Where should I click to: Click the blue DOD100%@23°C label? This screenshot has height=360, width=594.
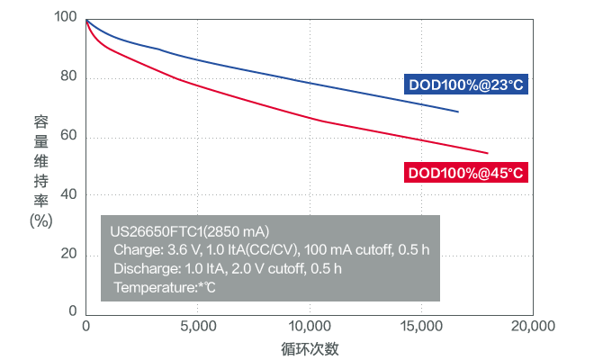(466, 85)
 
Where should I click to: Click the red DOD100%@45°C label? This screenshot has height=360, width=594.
(466, 172)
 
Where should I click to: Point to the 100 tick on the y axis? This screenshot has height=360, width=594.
(65, 18)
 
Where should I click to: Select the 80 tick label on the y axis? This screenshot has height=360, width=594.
(68, 77)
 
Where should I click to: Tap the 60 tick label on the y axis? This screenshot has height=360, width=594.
(68, 137)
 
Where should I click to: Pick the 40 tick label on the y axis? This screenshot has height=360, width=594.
(68, 195)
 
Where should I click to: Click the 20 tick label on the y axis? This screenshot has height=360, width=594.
(68, 255)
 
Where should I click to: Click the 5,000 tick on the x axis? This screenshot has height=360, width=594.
(197, 325)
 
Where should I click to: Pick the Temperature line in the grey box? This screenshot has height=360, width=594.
(165, 287)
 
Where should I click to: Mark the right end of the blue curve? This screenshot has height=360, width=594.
(458, 112)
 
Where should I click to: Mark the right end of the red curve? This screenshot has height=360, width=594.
(487, 153)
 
